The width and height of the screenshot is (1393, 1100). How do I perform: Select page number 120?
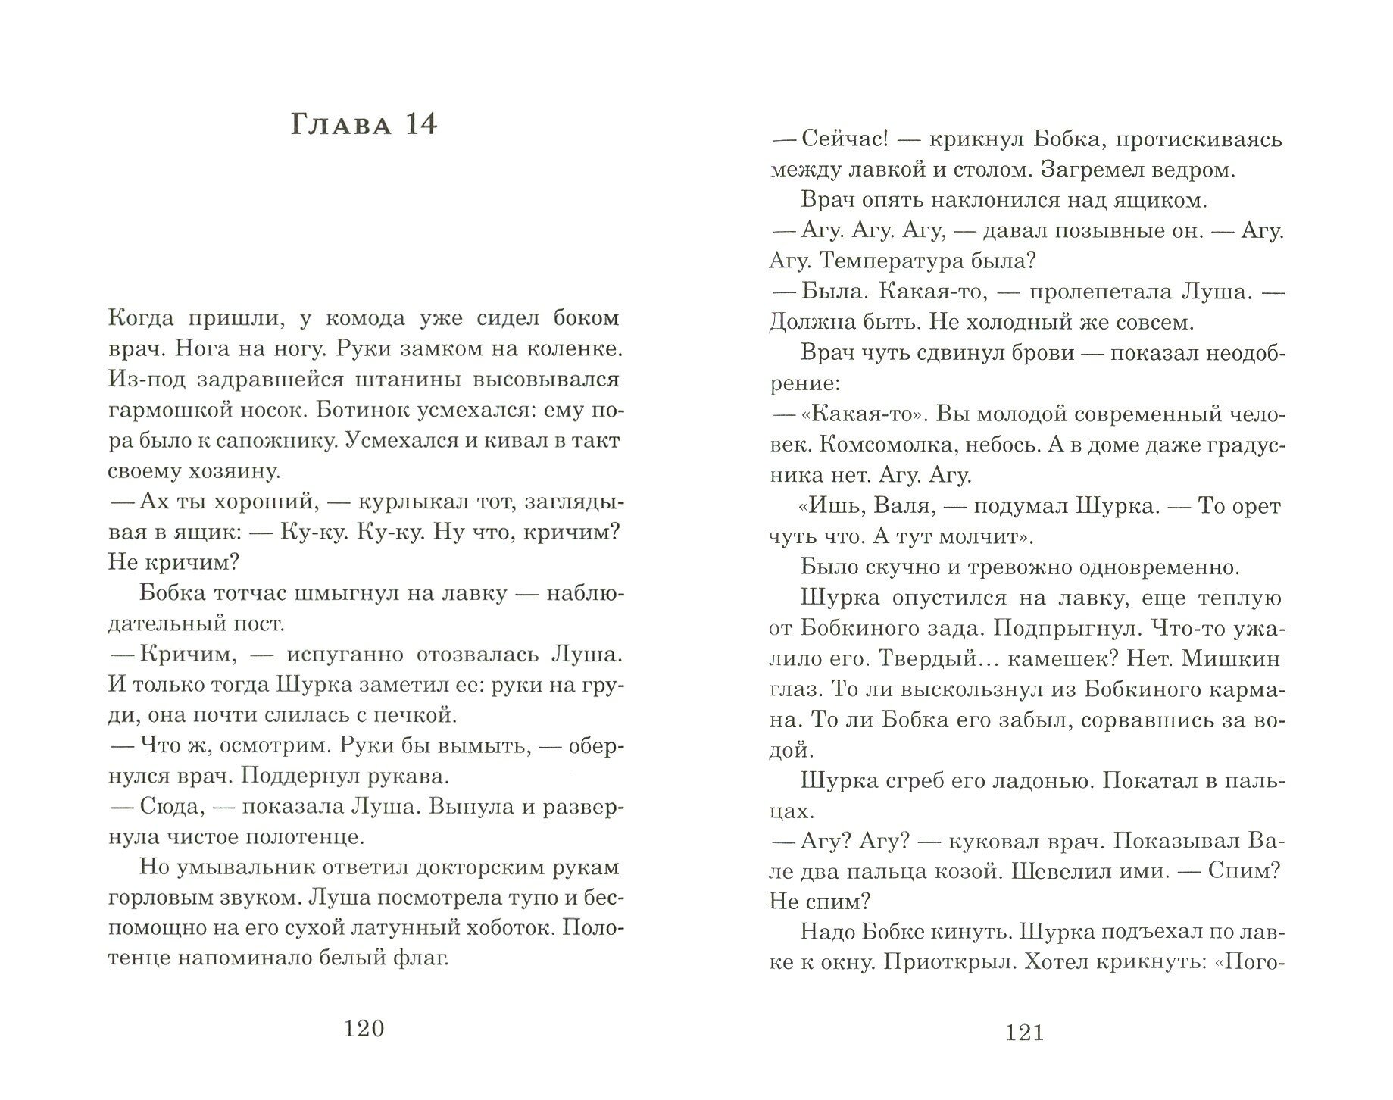[364, 1028]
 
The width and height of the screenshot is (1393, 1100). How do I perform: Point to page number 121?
[1025, 1033]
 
